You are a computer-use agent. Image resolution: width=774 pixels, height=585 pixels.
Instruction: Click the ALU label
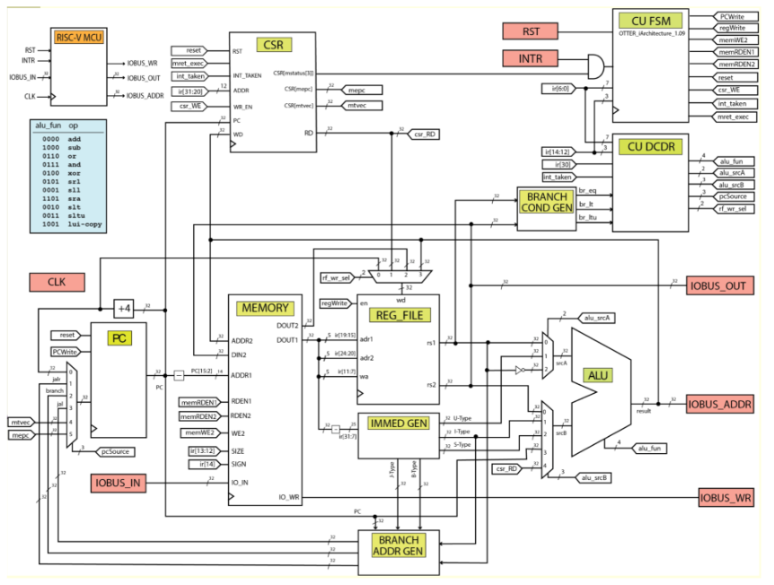coord(596,374)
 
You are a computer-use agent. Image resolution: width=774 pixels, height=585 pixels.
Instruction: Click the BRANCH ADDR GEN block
coord(398,546)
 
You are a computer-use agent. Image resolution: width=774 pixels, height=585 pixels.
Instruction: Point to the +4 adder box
coord(125,309)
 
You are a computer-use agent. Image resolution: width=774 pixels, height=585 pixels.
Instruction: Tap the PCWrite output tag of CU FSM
coord(738,16)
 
